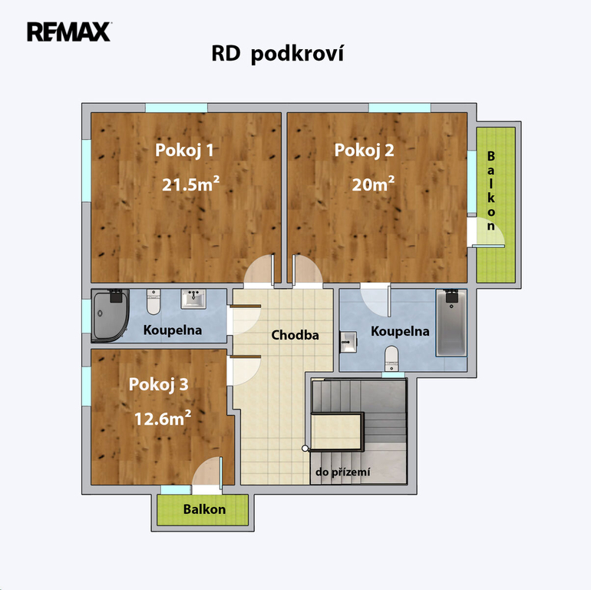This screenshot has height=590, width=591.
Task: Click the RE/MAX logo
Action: click(68, 31)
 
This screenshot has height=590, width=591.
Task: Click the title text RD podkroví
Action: click(277, 54)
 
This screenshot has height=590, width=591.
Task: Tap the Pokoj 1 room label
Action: click(184, 150)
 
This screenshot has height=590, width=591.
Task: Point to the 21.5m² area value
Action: click(190, 184)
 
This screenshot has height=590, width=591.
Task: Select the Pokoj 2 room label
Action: click(364, 150)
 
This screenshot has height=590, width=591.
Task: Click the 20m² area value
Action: click(373, 184)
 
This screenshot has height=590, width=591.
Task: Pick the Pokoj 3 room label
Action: click(158, 384)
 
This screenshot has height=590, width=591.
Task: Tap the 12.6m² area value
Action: click(163, 419)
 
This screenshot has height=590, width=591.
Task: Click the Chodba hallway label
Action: click(295, 335)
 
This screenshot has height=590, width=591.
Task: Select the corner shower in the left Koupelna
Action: click(110, 316)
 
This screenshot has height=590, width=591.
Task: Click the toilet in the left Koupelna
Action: click(154, 302)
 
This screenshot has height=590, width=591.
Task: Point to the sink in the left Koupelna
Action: click(193, 299)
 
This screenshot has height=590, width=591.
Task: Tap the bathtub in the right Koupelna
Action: click(451, 323)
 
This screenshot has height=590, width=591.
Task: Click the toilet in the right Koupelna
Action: click(391, 359)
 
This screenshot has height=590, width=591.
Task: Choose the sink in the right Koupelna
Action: click(348, 342)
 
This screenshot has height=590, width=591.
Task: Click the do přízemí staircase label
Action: click(342, 472)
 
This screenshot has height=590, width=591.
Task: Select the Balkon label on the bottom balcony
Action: click(204, 509)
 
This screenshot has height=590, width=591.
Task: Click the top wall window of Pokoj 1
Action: click(177, 108)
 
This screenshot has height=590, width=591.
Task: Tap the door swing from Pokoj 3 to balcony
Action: click(207, 472)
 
